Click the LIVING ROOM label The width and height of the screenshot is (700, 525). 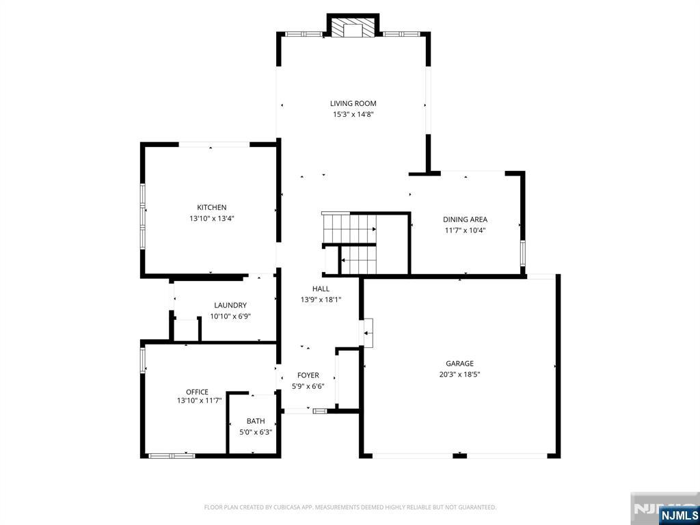(353, 104)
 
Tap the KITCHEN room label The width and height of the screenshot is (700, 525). (212, 208)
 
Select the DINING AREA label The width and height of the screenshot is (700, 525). (465, 219)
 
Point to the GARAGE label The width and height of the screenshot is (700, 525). (459, 364)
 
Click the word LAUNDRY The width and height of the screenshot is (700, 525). (230, 306)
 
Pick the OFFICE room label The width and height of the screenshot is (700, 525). (198, 392)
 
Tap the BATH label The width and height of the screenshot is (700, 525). (256, 421)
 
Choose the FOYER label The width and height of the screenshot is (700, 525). (308, 375)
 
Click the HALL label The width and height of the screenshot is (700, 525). (321, 289)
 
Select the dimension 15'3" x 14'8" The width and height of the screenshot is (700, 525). (353, 114)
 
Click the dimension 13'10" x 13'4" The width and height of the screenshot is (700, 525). (212, 219)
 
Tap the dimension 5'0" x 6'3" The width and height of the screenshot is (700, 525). (256, 432)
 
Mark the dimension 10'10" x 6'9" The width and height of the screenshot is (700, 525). (230, 317)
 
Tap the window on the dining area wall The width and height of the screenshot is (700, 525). (522, 254)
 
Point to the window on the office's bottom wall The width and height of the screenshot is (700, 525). (172, 456)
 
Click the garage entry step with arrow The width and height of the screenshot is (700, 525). (368, 333)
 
